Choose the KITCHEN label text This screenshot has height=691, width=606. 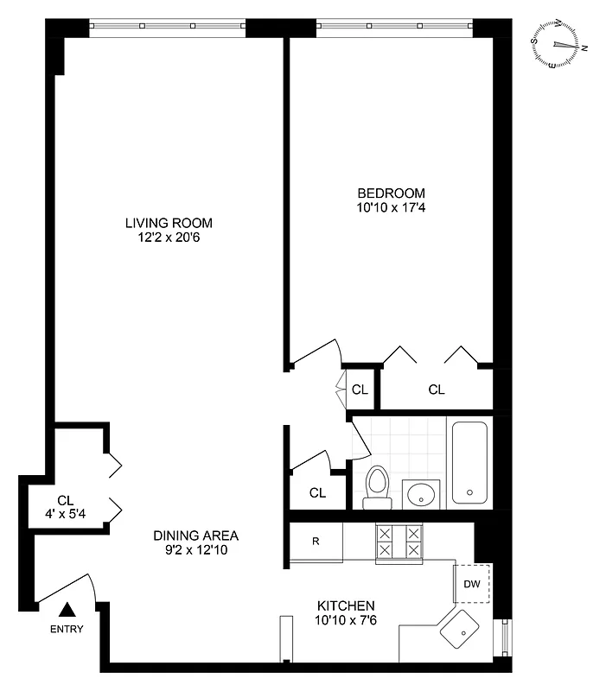click(344, 605)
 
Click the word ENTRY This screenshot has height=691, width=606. click(67, 629)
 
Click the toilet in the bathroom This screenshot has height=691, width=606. click(376, 485)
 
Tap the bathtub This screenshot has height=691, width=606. click(470, 464)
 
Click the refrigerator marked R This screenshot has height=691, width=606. click(316, 542)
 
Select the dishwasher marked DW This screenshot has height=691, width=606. click(471, 584)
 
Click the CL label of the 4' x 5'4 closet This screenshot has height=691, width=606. click(66, 500)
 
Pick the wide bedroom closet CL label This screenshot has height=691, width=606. click(437, 390)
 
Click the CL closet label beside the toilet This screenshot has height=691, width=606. click(317, 493)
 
